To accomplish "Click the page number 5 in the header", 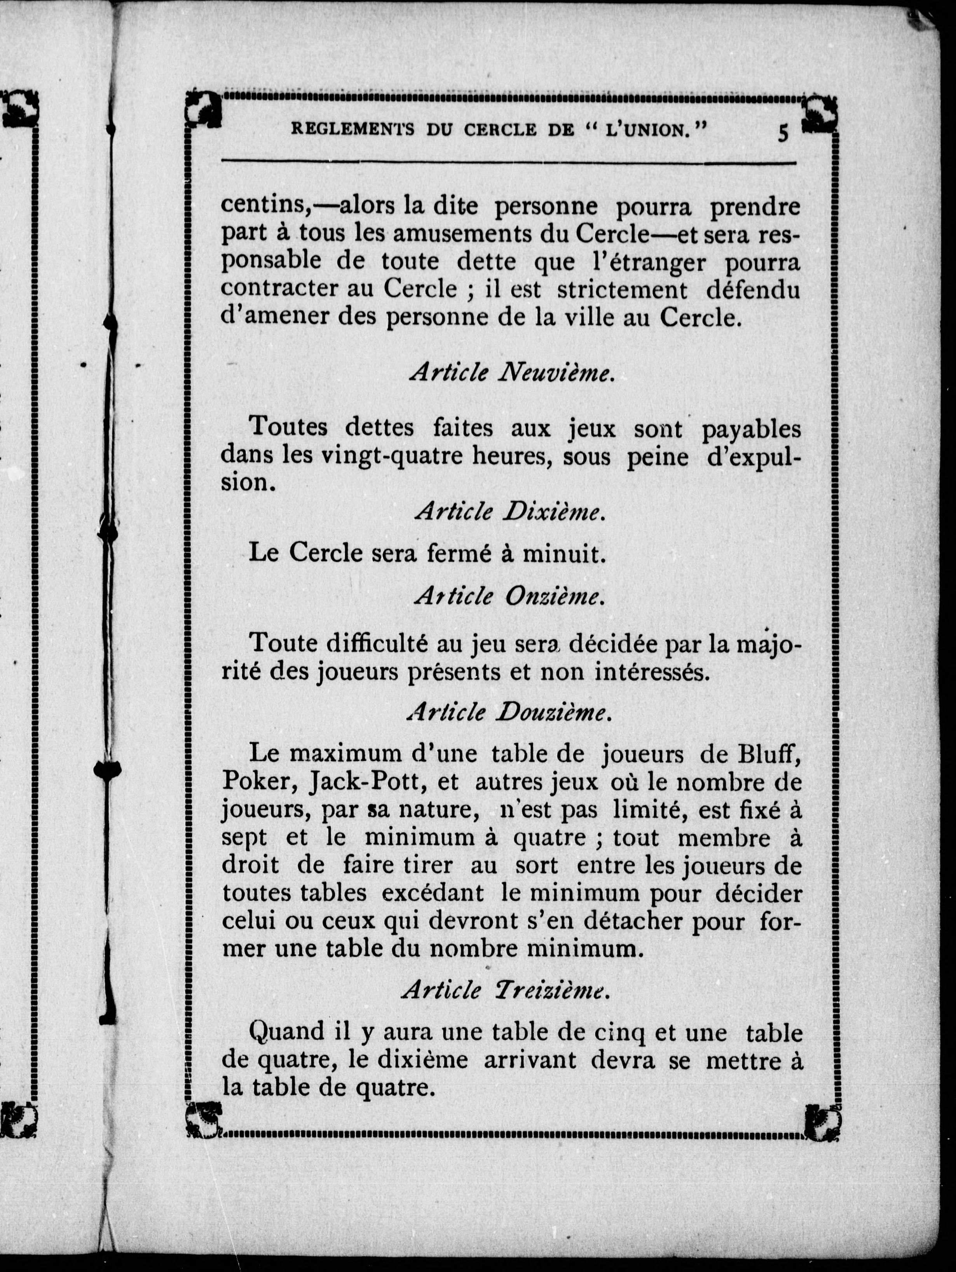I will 783,133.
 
